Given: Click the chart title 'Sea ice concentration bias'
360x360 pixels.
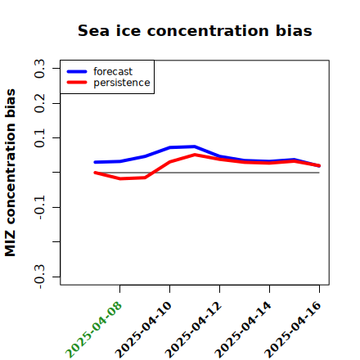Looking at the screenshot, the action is click(x=195, y=30).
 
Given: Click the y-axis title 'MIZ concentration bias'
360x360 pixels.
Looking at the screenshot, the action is click(x=10, y=173).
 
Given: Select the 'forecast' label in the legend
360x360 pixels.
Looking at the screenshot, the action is click(x=113, y=71).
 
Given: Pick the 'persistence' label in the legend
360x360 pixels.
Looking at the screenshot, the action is click(x=122, y=83).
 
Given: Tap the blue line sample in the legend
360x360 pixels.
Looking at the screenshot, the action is click(x=77, y=71).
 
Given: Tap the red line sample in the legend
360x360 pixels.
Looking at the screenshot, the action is click(x=77, y=83).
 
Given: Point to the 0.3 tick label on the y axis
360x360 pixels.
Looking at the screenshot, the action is click(x=39, y=69).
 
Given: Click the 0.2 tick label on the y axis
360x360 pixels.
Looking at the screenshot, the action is click(x=39, y=103).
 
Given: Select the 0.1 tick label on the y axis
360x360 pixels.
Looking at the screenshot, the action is click(x=39, y=138).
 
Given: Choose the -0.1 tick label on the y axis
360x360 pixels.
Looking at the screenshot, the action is click(x=39, y=208).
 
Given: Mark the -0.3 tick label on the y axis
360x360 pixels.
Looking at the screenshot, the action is click(x=39, y=277).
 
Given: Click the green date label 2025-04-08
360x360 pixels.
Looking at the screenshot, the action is click(x=93, y=330).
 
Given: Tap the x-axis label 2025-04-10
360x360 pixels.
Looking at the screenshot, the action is click(x=143, y=330).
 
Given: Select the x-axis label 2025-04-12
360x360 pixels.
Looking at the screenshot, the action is click(x=193, y=330).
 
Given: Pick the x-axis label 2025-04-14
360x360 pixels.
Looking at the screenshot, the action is click(x=243, y=330).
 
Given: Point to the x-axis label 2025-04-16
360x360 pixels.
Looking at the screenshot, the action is click(x=293, y=330).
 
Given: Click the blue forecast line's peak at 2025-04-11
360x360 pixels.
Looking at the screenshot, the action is click(x=195, y=146).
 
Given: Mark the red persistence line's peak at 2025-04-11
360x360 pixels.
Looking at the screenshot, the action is click(x=195, y=155).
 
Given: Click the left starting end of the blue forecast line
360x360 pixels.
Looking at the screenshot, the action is click(x=95, y=162).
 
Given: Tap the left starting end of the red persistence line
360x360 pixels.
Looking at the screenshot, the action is click(x=95, y=173).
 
